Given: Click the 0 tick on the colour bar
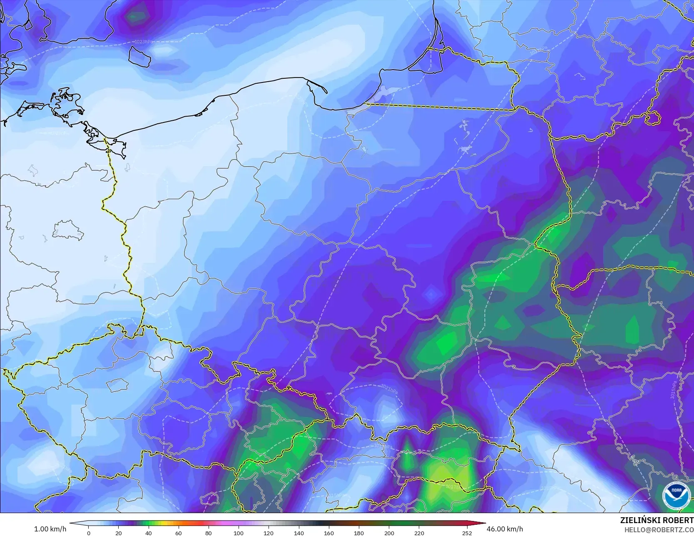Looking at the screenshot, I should [x=88, y=533].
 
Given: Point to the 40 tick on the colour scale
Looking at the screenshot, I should [x=149, y=533].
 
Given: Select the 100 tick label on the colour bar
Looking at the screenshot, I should [x=239, y=533].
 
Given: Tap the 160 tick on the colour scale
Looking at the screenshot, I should [x=329, y=533].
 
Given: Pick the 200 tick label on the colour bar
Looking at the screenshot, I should [x=389, y=533].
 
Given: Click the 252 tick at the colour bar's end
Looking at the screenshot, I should [x=467, y=533].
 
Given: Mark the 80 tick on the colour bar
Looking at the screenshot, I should [x=209, y=533].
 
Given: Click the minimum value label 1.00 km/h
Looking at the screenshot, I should [x=50, y=529].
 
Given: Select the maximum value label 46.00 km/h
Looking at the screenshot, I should [x=505, y=529].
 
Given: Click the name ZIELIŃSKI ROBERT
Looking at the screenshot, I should [x=657, y=520].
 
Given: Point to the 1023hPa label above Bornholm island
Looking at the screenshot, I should [x=143, y=42].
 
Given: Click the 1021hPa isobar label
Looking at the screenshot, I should [x=389, y=389].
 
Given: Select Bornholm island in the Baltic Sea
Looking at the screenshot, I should [x=139, y=55].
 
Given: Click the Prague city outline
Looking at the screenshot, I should [x=116, y=385].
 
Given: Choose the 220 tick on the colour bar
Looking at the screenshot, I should [x=419, y=533].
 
